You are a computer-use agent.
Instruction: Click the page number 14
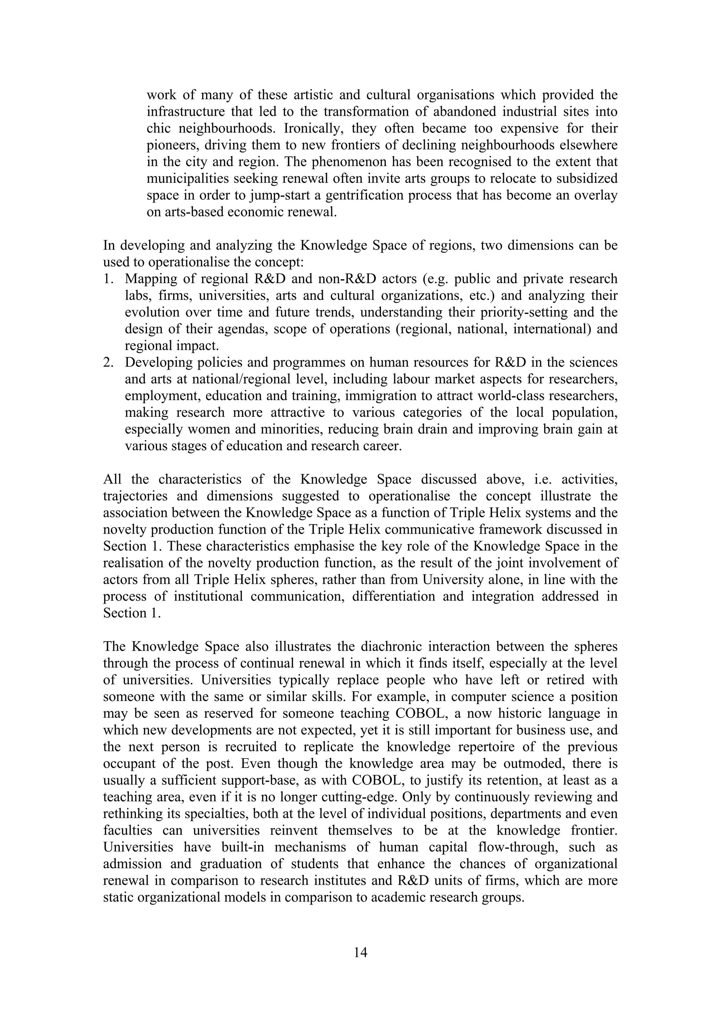[360, 952]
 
